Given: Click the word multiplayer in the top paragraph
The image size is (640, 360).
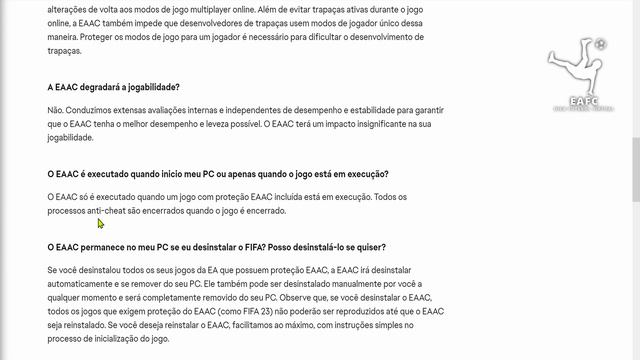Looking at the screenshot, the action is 202,9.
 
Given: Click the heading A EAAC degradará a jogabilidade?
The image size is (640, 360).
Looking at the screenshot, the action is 120,86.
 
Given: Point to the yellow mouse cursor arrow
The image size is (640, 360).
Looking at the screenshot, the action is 101,223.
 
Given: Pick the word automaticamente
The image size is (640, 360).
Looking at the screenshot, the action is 83,285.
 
